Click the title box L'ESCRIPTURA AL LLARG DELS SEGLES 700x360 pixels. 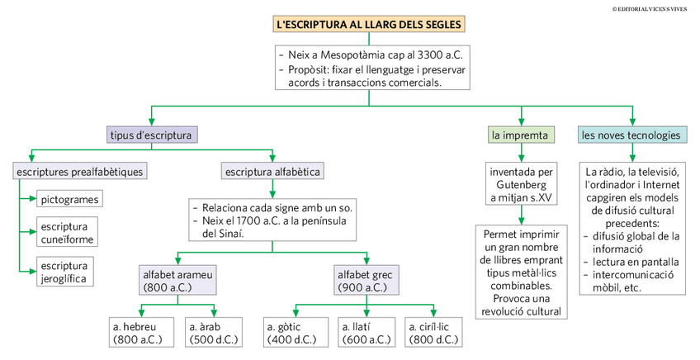point(369,24)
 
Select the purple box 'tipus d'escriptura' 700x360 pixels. point(152,135)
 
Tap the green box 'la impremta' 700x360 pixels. point(521,135)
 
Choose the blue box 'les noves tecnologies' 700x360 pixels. point(631,135)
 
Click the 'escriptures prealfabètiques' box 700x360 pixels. point(80,172)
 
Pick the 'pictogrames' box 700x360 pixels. point(69,199)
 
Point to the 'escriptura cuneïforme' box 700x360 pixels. point(68,232)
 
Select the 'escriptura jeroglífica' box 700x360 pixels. point(65,272)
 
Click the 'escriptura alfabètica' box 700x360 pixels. point(272,172)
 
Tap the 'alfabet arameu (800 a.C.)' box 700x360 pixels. point(177,280)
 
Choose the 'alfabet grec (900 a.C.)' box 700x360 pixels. point(367,280)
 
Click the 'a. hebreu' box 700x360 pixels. point(138,333)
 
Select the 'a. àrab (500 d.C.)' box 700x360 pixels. point(214,333)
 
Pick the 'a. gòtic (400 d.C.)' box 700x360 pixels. point(296,333)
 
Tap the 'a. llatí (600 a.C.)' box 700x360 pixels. point(367,333)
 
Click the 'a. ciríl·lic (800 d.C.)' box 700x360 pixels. point(433,333)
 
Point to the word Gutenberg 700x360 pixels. point(522,184)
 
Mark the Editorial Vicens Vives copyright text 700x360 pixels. point(650,9)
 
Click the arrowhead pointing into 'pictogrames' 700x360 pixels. point(33,199)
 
